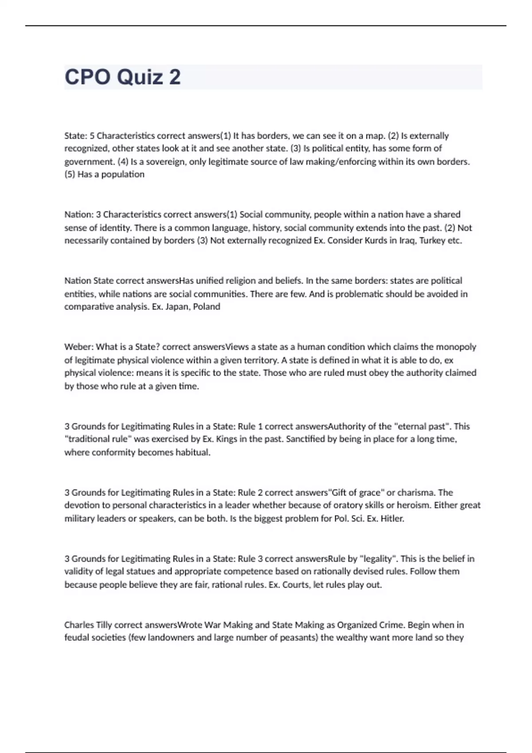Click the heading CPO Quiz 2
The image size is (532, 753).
(x=123, y=77)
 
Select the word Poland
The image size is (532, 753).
(x=207, y=307)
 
